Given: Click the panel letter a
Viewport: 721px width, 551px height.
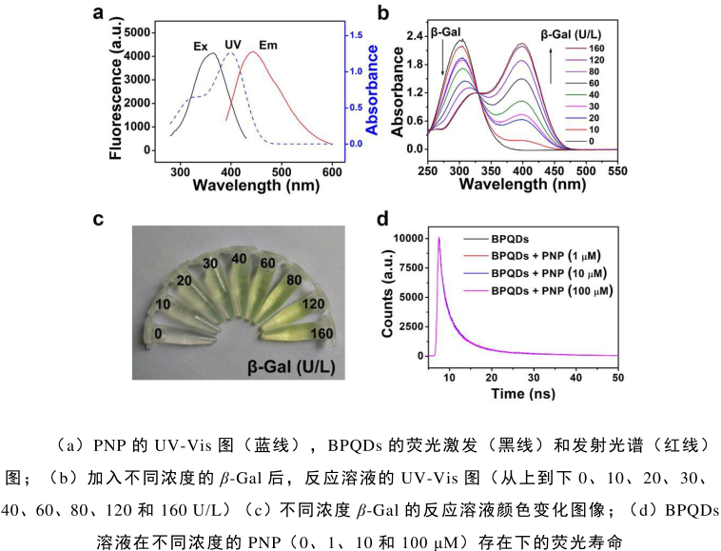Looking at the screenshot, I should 98,11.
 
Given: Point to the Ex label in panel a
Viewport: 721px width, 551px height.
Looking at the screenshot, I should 201,45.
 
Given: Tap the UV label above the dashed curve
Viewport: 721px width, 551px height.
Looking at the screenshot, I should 233,45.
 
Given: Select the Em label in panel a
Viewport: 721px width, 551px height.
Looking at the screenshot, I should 269,45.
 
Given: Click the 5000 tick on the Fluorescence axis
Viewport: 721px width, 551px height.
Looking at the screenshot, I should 133,32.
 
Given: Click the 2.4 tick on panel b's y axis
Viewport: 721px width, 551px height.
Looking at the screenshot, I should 415,35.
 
